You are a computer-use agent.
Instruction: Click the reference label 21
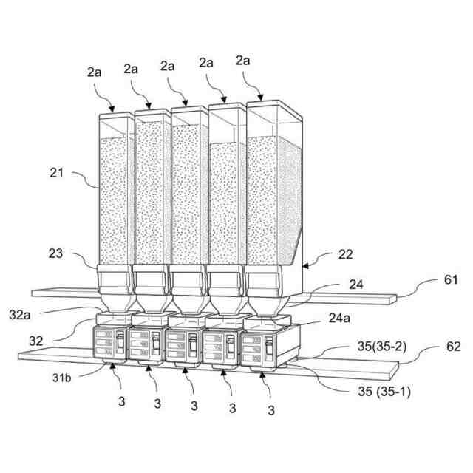pyautogui.click(x=58, y=174)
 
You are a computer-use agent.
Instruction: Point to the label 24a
pyautogui.click(x=339, y=319)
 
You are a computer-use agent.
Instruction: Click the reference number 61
pyautogui.click(x=451, y=279)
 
